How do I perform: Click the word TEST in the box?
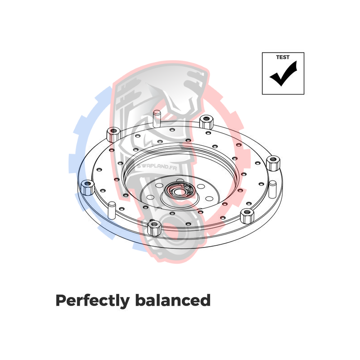(283, 57)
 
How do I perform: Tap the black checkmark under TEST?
(283, 73)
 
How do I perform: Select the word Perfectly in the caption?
(93, 301)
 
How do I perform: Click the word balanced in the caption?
(173, 300)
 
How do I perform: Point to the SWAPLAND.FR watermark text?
(157, 166)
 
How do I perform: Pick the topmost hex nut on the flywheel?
(206, 122)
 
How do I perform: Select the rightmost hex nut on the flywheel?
(273, 163)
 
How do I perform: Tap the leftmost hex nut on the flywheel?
(87, 188)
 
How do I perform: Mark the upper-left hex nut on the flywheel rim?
(114, 135)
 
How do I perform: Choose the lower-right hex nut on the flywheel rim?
(247, 216)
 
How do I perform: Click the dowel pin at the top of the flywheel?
(157, 119)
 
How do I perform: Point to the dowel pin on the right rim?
(273, 189)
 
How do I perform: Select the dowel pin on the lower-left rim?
(112, 210)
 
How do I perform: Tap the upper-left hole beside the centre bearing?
(158, 185)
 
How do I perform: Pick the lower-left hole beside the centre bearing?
(150, 197)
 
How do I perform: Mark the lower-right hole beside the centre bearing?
(209, 198)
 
